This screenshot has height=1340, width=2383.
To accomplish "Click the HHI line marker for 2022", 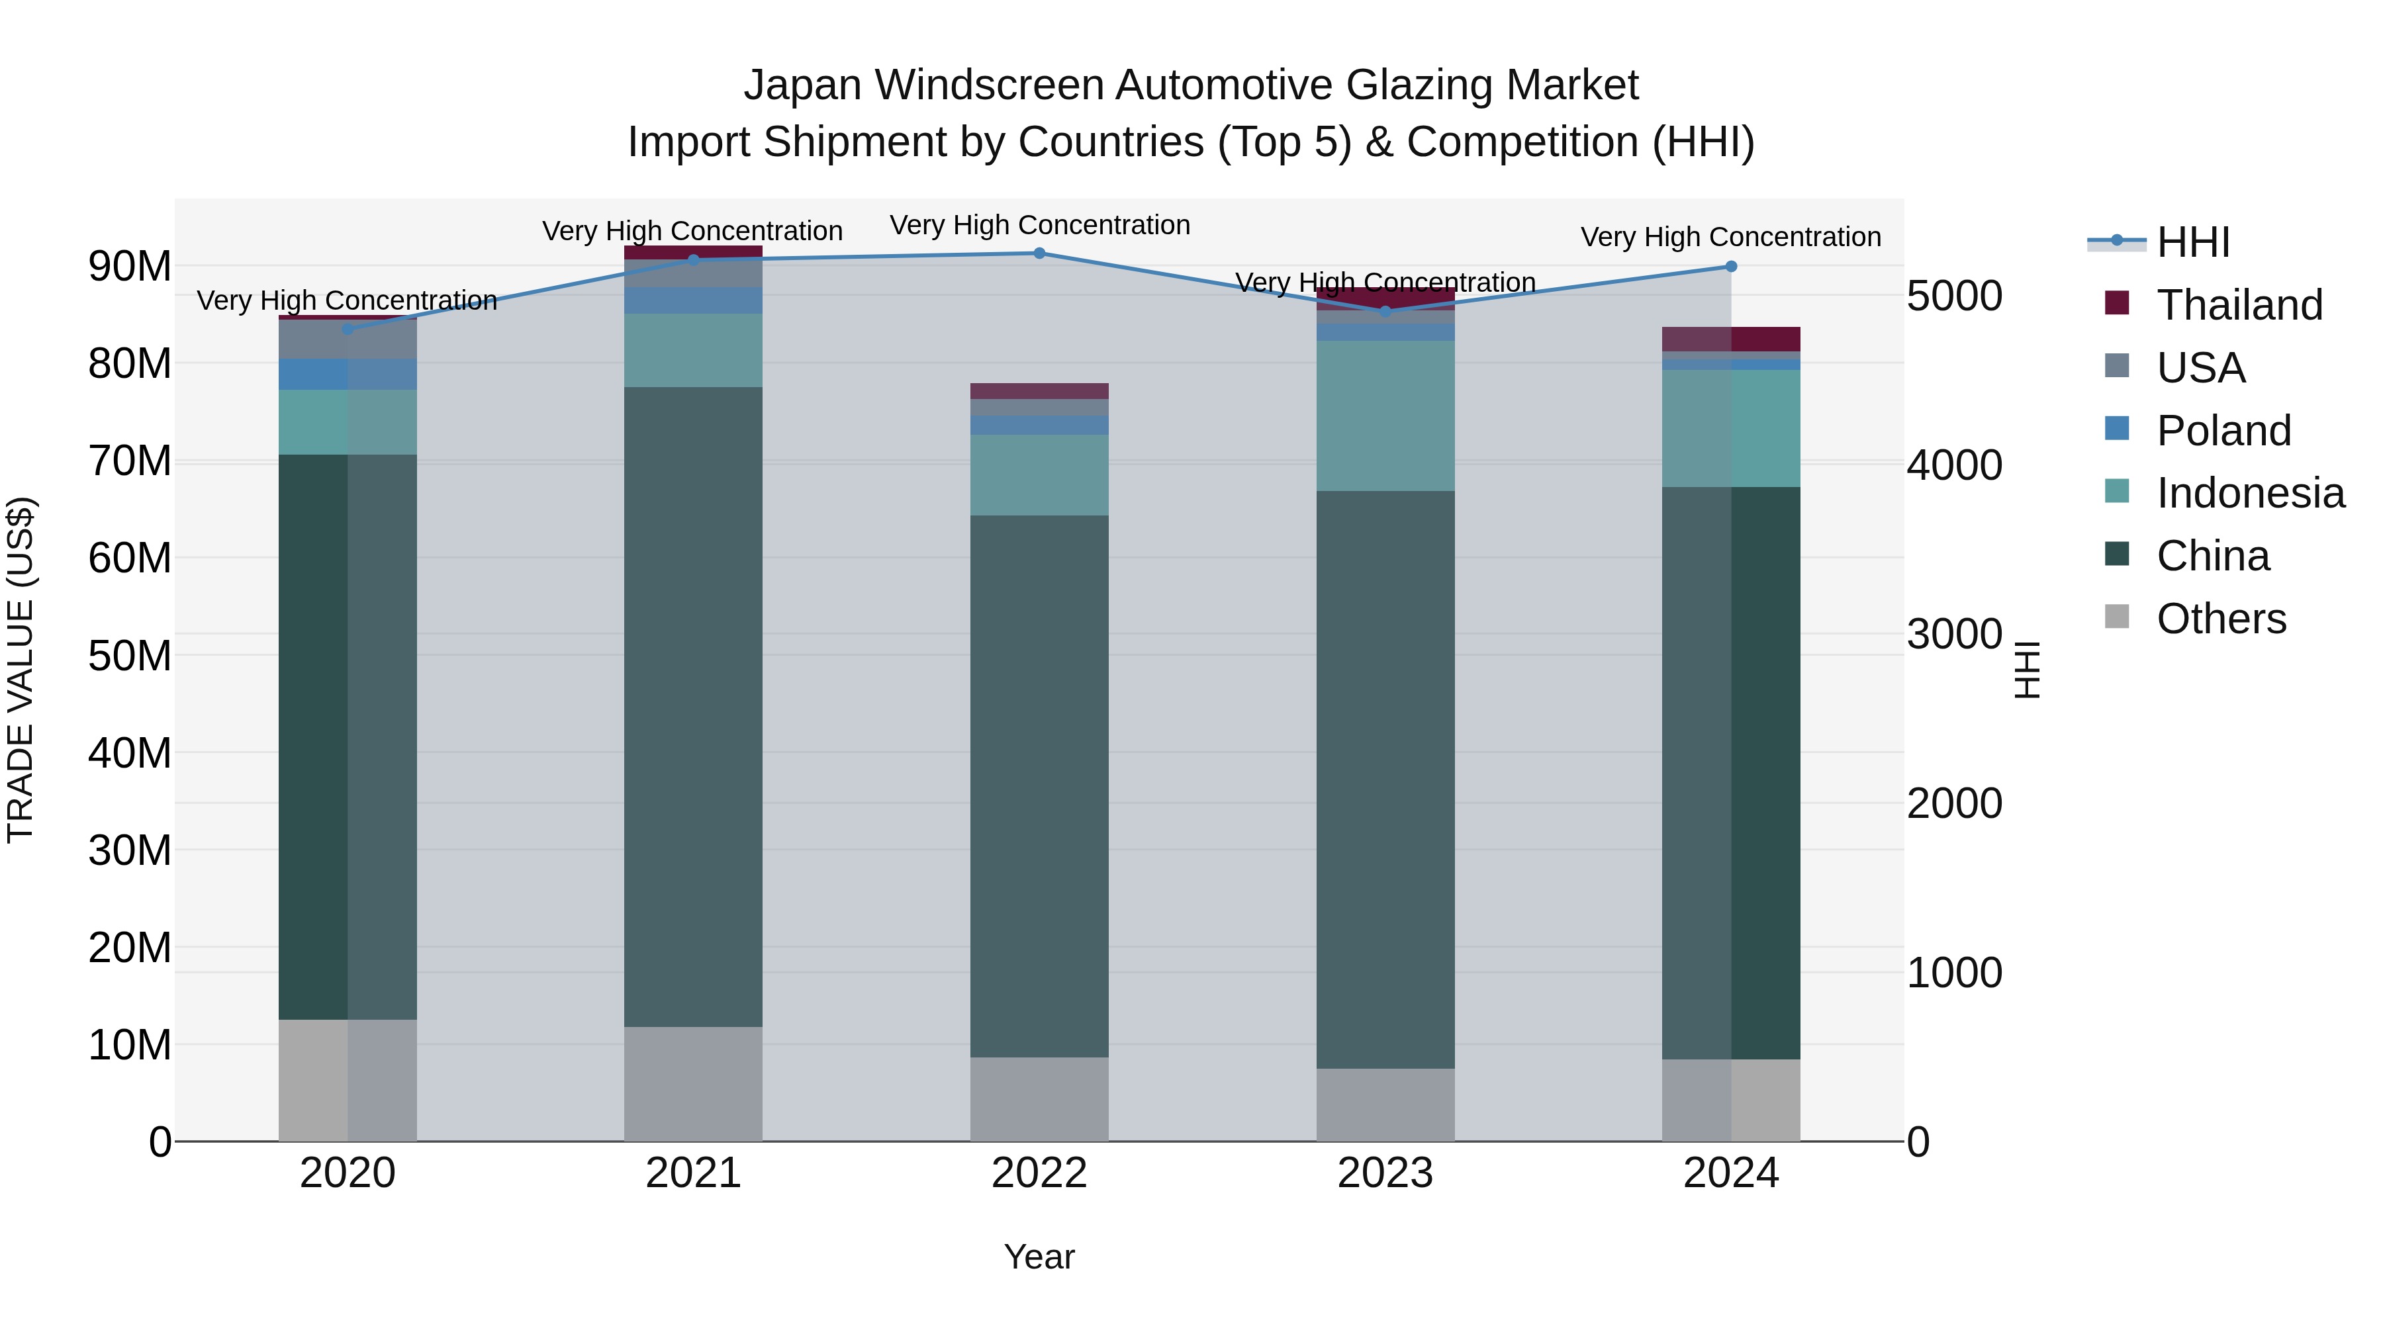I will [1039, 253].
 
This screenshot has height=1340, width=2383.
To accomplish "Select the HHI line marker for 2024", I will [1731, 266].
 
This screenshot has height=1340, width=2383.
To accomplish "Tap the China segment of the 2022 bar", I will [1039, 786].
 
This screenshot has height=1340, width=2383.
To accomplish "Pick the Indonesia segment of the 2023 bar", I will [1385, 416].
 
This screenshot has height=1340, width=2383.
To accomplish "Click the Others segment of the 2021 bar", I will [693, 1084].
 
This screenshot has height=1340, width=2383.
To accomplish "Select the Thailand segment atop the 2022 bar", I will [1039, 391].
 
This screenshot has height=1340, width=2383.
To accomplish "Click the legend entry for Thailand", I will [2239, 305].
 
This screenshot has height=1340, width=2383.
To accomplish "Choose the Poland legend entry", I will [2223, 431].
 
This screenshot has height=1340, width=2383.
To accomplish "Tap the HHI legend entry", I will [2192, 242].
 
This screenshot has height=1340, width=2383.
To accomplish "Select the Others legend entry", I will [2220, 619].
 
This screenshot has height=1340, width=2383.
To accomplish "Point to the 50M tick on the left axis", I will [130, 656].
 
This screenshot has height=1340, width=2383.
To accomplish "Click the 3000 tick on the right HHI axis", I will [1954, 635].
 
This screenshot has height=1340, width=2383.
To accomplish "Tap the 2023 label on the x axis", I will [1385, 1173].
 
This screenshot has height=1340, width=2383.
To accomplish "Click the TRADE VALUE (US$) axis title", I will [21, 670].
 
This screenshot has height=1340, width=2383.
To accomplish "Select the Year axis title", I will [1039, 1257].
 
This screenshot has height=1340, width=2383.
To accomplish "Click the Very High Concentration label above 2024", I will [1731, 237].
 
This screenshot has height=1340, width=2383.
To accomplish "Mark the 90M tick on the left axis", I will [130, 266].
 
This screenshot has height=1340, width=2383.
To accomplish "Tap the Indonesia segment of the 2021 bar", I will [693, 351].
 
